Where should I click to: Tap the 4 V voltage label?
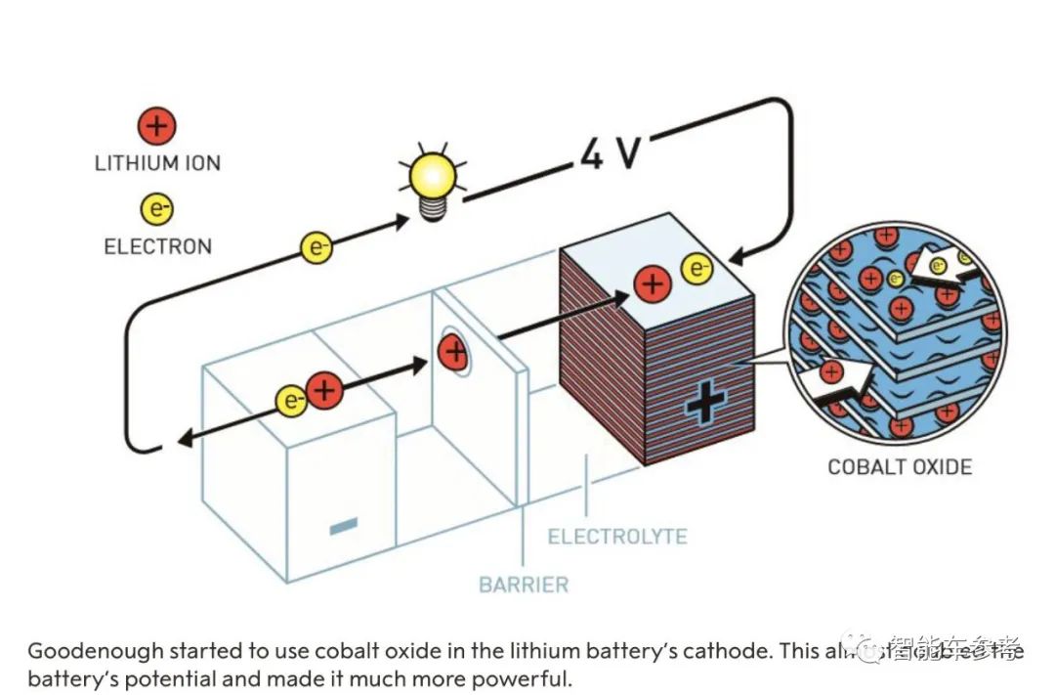[610, 152]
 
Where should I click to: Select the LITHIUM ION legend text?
[157, 163]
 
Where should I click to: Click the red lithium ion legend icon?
[157, 127]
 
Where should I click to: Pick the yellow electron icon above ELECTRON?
[157, 208]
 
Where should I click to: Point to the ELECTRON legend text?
[157, 245]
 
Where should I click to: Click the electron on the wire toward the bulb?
[317, 247]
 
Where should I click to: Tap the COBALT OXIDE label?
[900, 466]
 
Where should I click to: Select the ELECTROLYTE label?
[616, 537]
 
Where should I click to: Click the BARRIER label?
[523, 586]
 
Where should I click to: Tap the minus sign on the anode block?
[343, 528]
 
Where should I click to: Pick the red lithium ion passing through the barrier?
[452, 351]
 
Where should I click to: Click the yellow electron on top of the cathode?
[696, 268]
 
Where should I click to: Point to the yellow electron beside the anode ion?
[291, 400]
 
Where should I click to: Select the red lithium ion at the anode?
[324, 391]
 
